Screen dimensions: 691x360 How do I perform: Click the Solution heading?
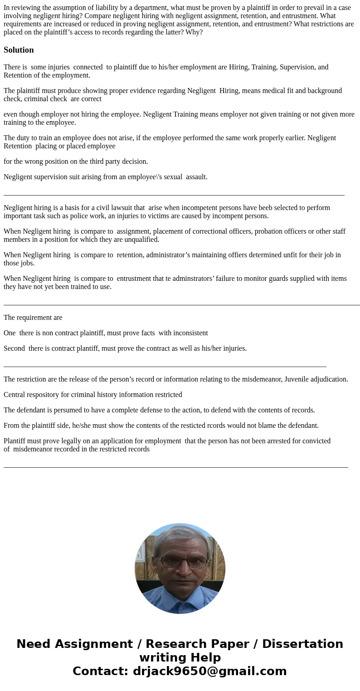pyautogui.click(x=19, y=50)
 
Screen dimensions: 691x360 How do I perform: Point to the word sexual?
pyautogui.click(x=173, y=177)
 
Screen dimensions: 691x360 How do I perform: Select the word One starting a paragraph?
pyautogui.click(x=10, y=333)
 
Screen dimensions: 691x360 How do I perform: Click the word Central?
pyautogui.click(x=15, y=395)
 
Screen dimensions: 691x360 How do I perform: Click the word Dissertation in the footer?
pyautogui.click(x=302, y=644)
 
